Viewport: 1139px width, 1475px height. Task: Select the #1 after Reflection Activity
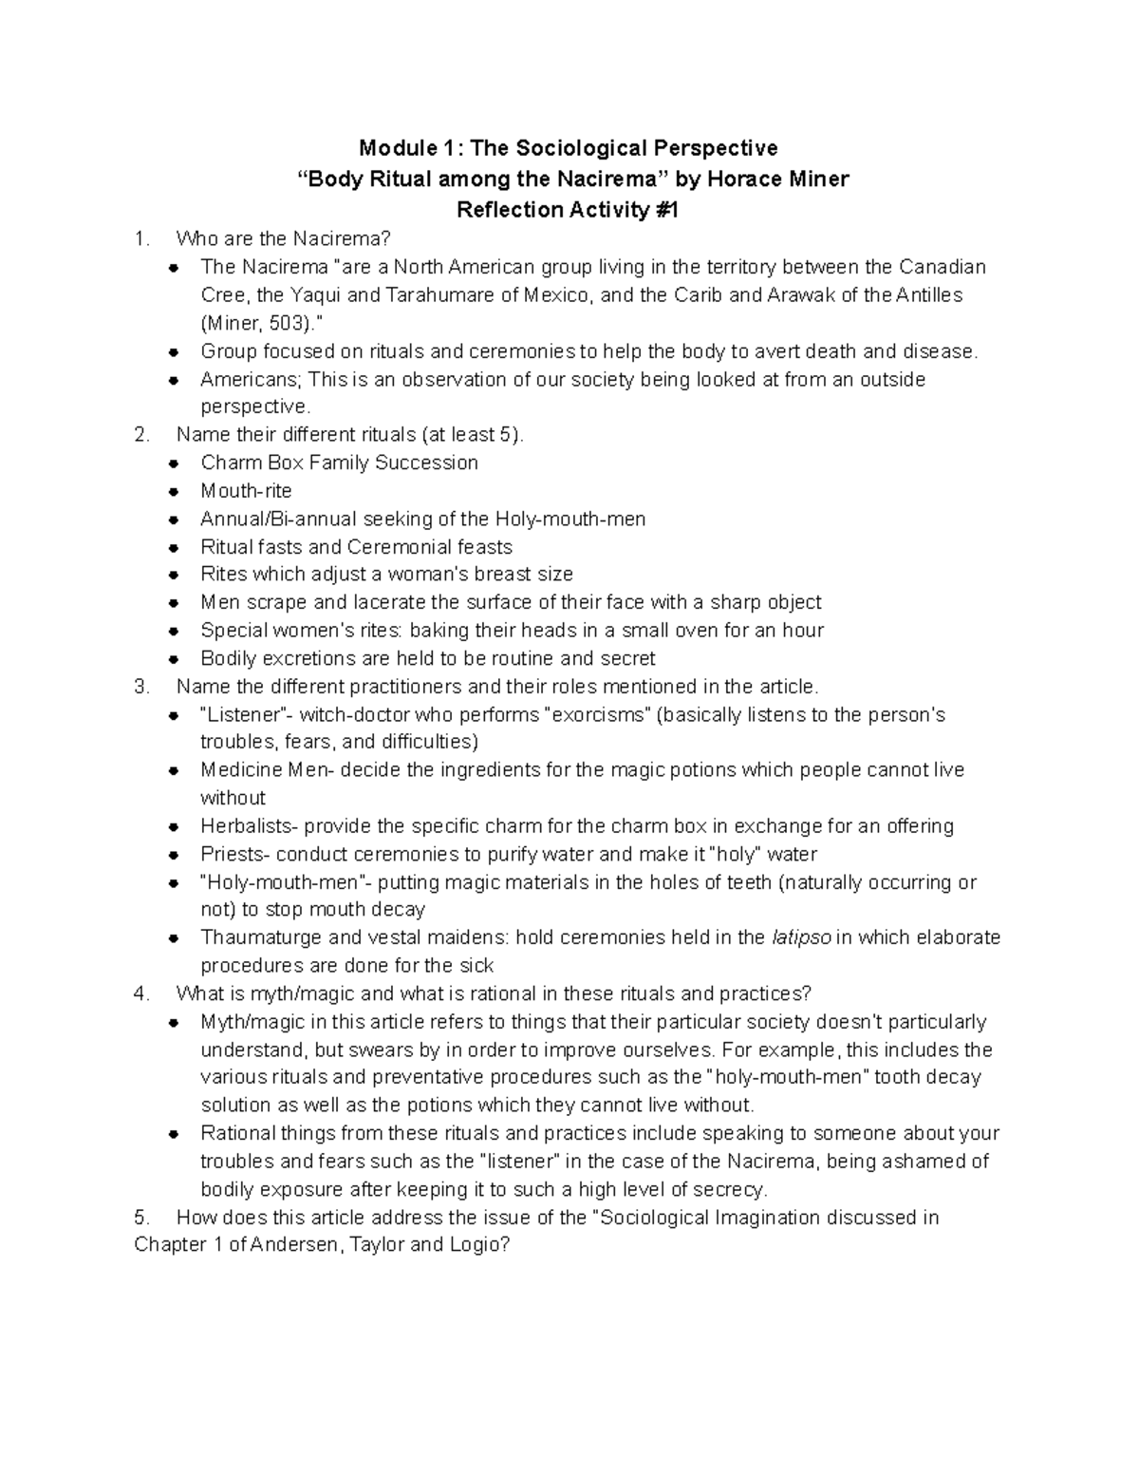point(663,210)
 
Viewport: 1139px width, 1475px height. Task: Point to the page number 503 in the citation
point(285,322)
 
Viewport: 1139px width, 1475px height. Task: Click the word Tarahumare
point(439,294)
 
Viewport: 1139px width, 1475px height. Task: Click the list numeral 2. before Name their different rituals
point(142,435)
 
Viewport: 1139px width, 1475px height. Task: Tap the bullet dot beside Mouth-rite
point(174,492)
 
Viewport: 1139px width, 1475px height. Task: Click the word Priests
point(233,854)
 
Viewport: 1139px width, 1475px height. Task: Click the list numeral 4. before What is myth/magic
point(142,993)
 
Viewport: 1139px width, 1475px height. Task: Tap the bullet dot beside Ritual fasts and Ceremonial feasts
point(174,548)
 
